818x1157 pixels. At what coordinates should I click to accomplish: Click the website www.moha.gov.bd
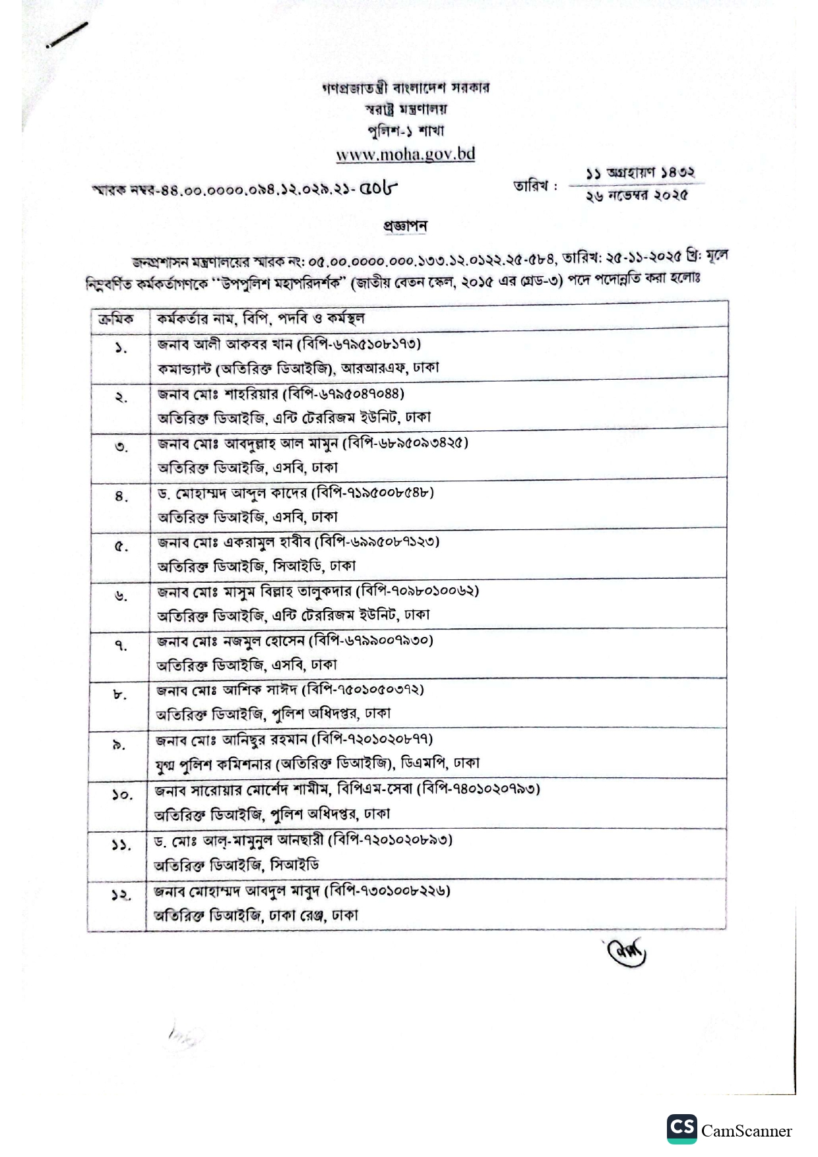[x=405, y=154]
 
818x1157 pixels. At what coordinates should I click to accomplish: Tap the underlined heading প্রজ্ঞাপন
[x=405, y=225]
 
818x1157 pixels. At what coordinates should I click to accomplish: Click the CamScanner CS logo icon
[x=681, y=1129]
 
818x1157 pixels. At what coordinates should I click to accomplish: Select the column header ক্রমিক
[x=116, y=319]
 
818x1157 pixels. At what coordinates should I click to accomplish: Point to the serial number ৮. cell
[x=119, y=694]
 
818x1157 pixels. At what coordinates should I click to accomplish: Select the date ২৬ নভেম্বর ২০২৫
[x=636, y=196]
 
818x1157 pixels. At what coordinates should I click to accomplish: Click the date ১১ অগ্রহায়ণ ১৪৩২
[x=640, y=173]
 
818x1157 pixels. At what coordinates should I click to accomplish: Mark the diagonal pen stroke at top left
[x=67, y=35]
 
